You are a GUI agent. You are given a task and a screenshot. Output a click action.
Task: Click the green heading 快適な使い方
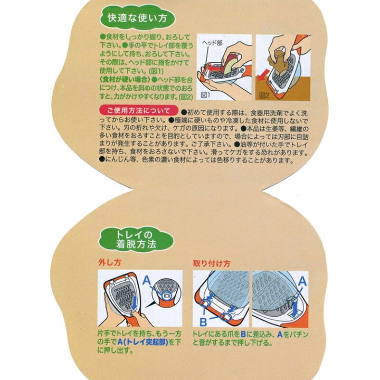tap(137, 18)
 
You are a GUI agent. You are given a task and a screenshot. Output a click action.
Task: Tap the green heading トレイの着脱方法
tap(136, 240)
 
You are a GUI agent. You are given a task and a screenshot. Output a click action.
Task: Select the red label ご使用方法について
tap(139, 111)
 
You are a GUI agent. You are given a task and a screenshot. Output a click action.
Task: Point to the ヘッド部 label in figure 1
tap(212, 43)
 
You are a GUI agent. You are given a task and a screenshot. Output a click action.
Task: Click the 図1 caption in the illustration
tap(205, 96)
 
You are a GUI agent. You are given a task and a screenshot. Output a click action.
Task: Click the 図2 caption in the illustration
tap(264, 96)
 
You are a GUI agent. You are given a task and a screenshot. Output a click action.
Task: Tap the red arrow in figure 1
tap(216, 68)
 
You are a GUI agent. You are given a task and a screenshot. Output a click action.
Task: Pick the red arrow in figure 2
tap(263, 75)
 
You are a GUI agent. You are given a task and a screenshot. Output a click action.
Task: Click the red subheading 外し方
tap(109, 262)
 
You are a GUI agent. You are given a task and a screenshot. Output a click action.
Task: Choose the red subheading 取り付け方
tap(212, 263)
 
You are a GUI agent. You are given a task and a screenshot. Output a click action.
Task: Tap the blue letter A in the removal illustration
tap(147, 280)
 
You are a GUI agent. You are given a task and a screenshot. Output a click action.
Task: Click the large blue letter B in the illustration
tap(203, 322)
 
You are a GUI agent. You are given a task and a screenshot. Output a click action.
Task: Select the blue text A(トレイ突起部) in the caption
tap(142, 342)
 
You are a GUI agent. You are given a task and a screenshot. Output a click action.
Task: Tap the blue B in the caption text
tap(243, 335)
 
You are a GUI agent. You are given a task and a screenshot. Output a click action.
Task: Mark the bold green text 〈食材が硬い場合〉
tap(125, 80)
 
